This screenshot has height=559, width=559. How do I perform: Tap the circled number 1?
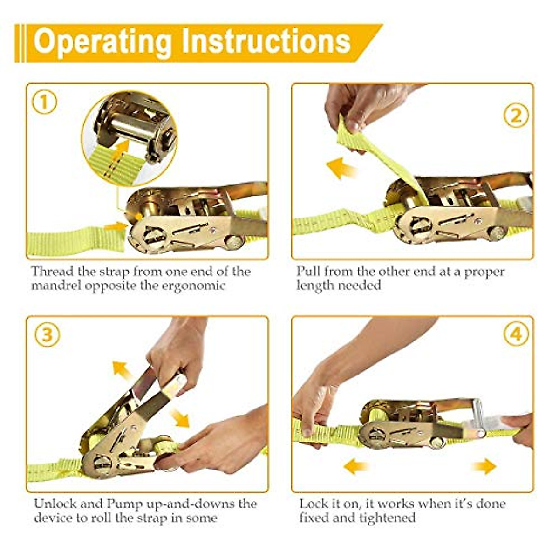(x=44, y=102)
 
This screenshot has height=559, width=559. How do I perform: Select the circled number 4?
(x=516, y=334)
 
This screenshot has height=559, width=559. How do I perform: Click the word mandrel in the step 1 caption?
(x=56, y=286)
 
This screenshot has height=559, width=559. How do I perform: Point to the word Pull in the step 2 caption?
(x=308, y=272)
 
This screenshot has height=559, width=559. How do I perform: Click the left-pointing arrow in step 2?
(x=341, y=169)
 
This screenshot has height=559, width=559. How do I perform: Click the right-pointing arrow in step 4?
(x=484, y=466)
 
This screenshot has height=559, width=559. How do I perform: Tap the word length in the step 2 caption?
(x=314, y=286)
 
